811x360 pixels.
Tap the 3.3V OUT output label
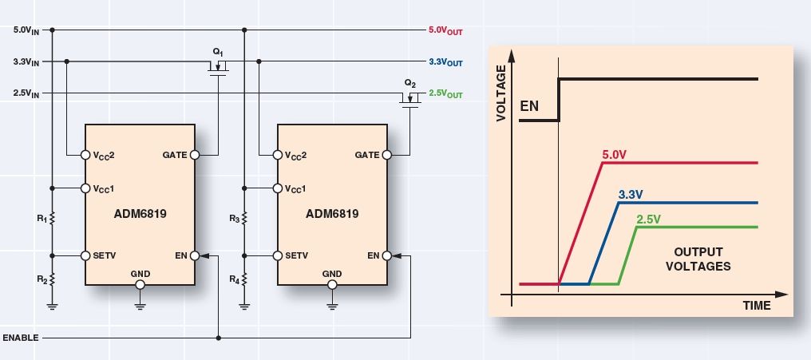[445, 61]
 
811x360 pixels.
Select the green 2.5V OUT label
[445, 93]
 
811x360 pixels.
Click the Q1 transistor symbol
[217, 67]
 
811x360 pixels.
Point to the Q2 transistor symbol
[410, 98]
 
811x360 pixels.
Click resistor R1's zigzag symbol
[53, 217]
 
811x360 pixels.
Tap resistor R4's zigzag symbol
[245, 279]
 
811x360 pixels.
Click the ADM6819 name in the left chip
[140, 214]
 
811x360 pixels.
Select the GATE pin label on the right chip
[367, 155]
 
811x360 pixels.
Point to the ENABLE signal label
[20, 338]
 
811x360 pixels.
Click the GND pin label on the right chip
[332, 274]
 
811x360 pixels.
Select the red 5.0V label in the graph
[613, 153]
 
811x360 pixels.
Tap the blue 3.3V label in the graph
[631, 194]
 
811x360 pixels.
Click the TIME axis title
[756, 306]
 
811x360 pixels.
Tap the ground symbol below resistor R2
[53, 305]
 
